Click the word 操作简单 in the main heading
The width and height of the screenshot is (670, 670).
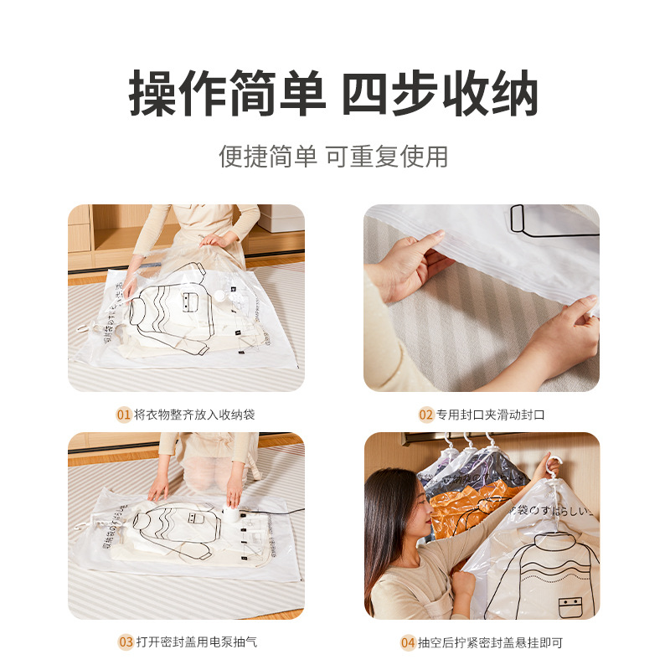(227, 94)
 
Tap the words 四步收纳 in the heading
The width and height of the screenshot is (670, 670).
(440, 94)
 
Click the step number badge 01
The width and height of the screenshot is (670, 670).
(124, 415)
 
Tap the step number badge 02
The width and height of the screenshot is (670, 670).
(426, 415)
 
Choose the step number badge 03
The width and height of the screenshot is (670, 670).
(125, 642)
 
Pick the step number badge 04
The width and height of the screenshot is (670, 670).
(408, 642)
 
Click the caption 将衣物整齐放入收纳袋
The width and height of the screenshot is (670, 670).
(195, 415)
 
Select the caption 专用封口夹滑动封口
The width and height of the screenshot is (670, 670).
(491, 415)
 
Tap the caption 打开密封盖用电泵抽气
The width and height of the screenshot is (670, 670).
(196, 642)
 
